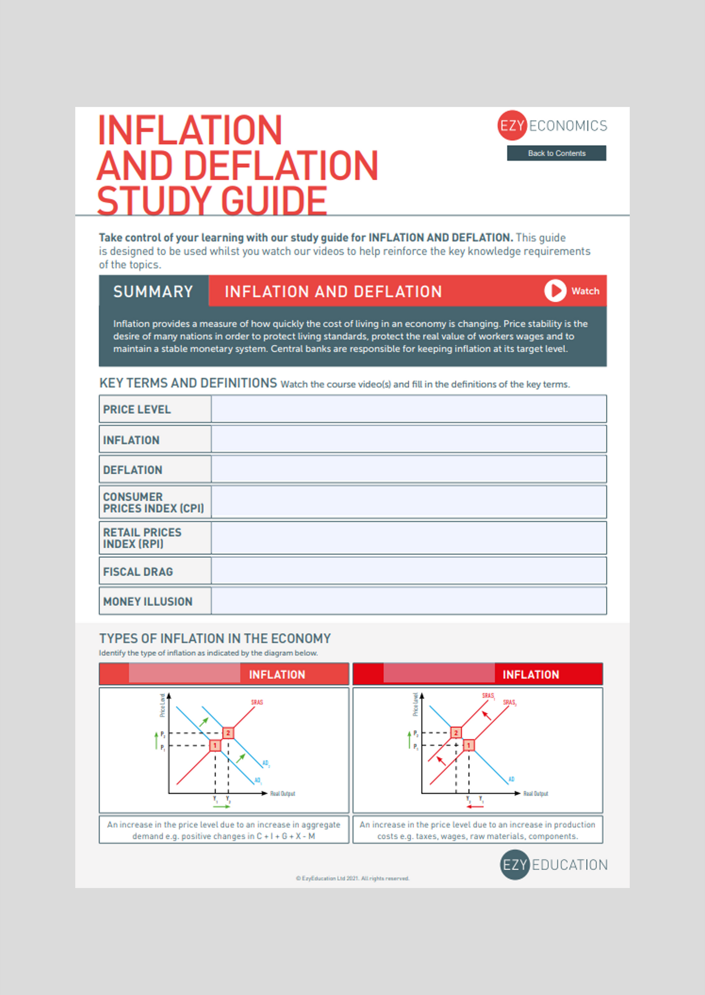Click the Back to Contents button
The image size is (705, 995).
556,153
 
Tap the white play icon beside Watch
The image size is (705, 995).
555,291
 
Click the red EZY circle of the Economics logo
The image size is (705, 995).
512,126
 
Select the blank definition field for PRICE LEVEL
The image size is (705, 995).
408,409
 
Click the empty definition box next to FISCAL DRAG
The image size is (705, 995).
408,571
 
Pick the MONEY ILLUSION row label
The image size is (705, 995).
148,602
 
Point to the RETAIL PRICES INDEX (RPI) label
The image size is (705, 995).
142,538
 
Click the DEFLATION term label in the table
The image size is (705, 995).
133,470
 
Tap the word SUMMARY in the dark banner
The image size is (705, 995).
153,292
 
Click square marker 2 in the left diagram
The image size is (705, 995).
228,733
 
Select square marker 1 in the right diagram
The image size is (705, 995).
469,745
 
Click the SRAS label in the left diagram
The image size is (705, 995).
257,702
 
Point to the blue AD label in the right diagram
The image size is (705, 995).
511,779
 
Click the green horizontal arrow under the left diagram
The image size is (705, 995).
222,807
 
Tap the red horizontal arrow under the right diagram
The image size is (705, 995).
475,807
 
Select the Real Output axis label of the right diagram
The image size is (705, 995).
536,794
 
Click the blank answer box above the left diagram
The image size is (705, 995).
184,674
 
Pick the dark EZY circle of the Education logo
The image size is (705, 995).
515,865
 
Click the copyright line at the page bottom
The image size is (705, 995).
352,878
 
